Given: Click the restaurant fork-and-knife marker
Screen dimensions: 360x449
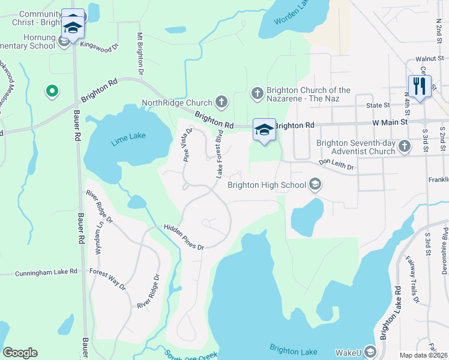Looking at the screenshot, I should click(x=420, y=86).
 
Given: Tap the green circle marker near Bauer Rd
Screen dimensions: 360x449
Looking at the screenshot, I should click(x=52, y=91).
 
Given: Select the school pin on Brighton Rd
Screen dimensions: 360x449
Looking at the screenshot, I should click(x=264, y=130).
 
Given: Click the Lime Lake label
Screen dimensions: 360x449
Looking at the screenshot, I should click(x=128, y=139).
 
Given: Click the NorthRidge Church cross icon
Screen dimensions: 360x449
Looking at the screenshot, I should click(x=221, y=102).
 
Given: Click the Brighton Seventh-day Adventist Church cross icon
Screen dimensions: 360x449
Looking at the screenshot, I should click(x=405, y=146).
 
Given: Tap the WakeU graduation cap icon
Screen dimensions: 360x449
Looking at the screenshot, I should click(x=370, y=352).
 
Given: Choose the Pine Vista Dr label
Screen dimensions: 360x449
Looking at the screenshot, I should click(x=187, y=145).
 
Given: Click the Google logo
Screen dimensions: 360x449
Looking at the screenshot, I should click(x=20, y=353).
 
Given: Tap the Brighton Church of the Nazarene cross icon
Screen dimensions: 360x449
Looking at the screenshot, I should click(x=257, y=92).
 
